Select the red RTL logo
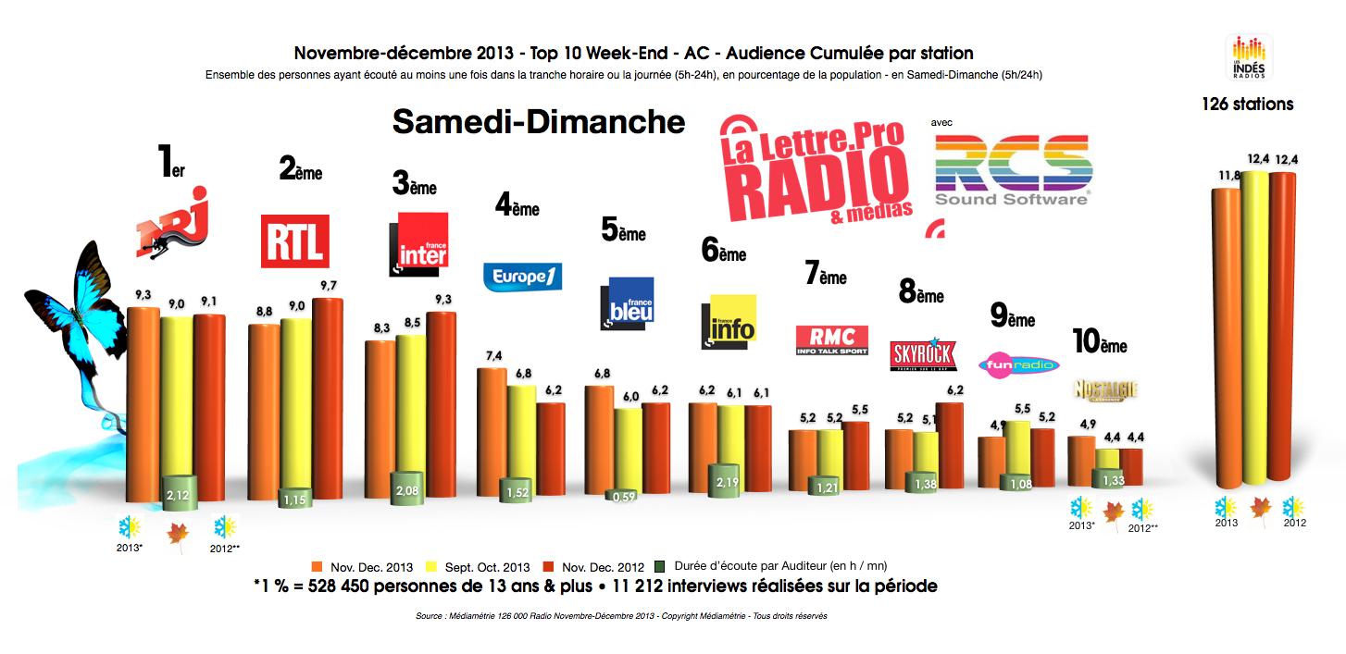294,241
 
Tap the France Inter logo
418,244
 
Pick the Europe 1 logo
522,277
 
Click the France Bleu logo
627,301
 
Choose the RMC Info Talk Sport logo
831,340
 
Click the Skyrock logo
921,354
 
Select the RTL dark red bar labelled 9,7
328,398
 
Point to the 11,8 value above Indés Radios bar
1228,175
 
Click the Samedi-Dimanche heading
540,122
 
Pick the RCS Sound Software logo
1012,169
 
